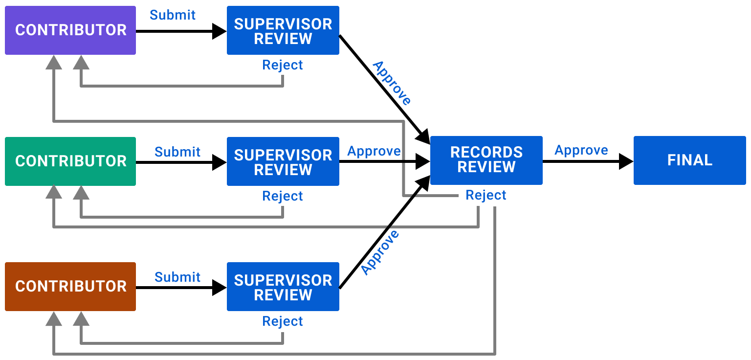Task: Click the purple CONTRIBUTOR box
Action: [70, 30]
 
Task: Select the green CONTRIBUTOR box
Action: [70, 161]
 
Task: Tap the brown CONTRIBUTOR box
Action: [70, 287]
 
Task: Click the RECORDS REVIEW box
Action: [486, 160]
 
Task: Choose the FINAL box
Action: [689, 160]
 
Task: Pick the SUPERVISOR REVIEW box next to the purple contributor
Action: [283, 30]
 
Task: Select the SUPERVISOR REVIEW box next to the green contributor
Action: [283, 161]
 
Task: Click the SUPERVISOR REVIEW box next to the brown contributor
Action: [283, 287]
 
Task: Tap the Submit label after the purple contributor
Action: [173, 15]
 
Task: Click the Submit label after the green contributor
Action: [177, 152]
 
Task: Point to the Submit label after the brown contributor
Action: [177, 277]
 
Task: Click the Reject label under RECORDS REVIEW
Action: [486, 196]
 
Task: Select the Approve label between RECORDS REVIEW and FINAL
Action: [581, 150]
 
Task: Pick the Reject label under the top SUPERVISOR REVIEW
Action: [283, 65]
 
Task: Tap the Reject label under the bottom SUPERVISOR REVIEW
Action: [283, 321]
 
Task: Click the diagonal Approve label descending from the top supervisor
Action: [392, 83]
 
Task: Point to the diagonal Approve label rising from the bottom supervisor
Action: [380, 252]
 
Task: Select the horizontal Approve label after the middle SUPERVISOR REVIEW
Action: [374, 151]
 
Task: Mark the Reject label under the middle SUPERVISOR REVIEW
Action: [283, 196]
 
